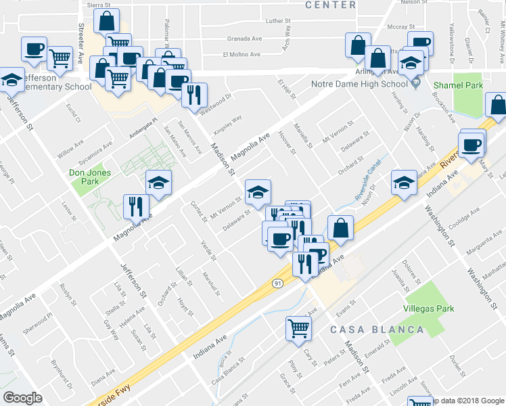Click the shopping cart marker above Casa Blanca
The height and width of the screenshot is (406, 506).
(298, 330)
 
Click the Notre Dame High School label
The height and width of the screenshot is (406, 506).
(359, 84)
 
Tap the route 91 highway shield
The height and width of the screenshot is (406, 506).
(277, 284)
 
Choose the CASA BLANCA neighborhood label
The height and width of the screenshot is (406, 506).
(377, 330)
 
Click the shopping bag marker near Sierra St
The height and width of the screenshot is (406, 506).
(107, 22)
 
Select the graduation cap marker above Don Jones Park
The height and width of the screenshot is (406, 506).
(158, 183)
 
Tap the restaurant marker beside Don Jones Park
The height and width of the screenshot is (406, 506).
(136, 206)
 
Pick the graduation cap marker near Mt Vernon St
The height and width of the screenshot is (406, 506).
(258, 193)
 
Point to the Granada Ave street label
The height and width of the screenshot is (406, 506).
(244, 39)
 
